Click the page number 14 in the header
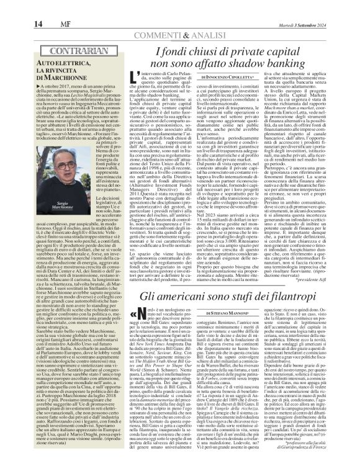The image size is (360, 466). tap(12, 7)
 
